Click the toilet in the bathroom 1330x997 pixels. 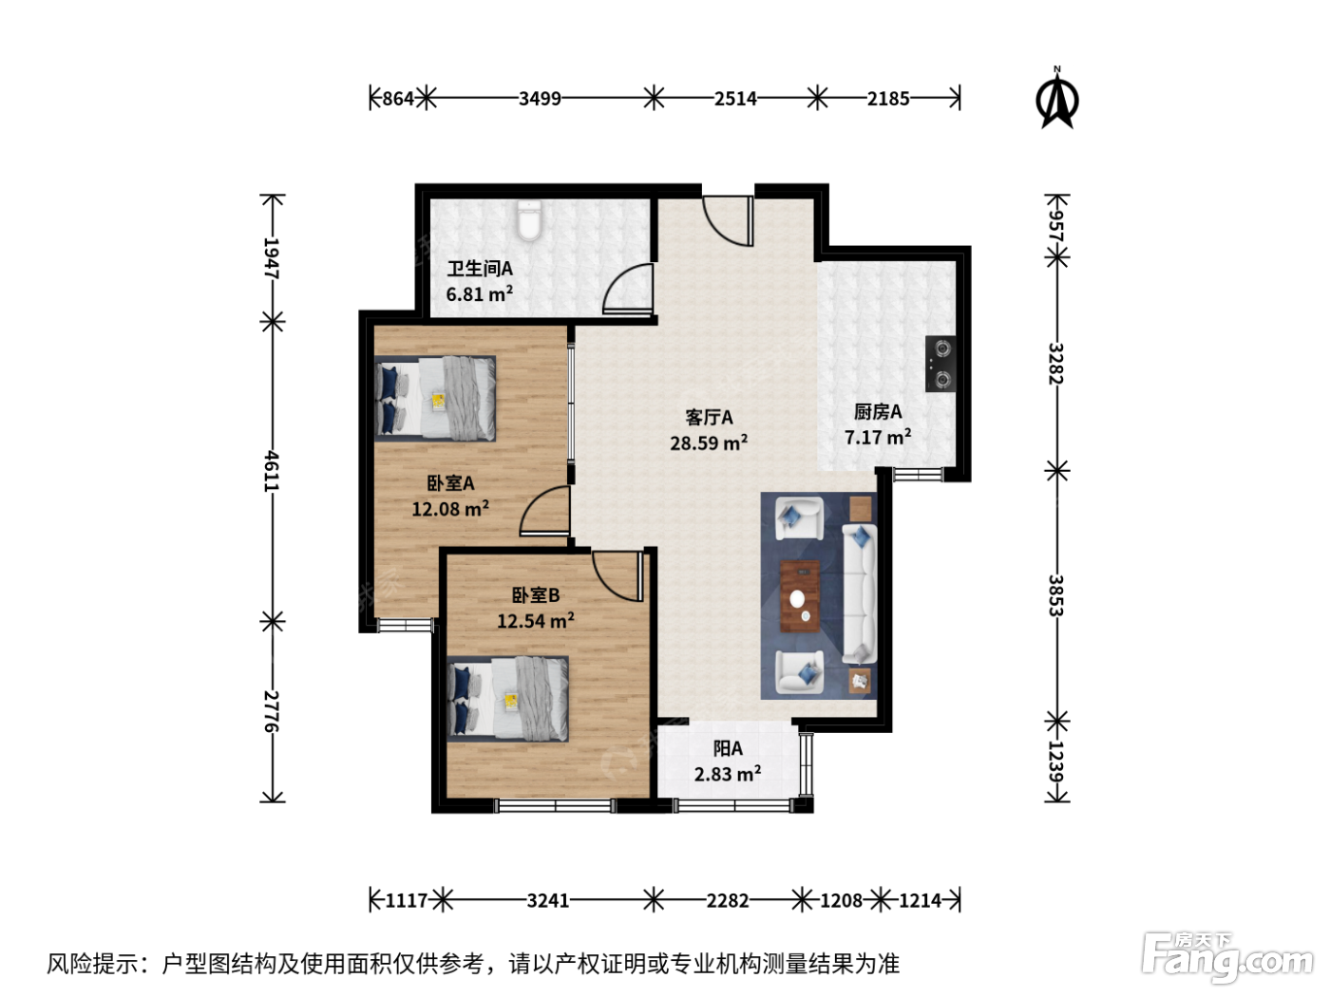coord(528,221)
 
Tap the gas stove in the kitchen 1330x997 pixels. coord(940,364)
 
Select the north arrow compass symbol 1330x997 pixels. coord(1056,97)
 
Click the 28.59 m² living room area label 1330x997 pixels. coord(709,442)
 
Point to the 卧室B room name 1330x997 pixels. coord(535,595)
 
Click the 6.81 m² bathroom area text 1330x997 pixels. coord(480,293)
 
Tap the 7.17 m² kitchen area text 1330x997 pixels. coord(878,437)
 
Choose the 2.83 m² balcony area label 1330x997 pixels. coord(727,774)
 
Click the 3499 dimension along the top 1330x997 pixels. coord(540,98)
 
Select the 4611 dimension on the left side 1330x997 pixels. coord(271,471)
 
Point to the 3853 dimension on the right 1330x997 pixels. coord(1056,595)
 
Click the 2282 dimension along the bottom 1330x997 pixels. coord(727,901)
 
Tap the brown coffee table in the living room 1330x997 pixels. coord(800,596)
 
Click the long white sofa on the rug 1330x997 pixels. coord(859,593)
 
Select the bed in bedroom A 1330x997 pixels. coord(435,398)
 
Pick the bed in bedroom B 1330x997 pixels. coord(507,699)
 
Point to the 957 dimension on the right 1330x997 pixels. coord(1056,225)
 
